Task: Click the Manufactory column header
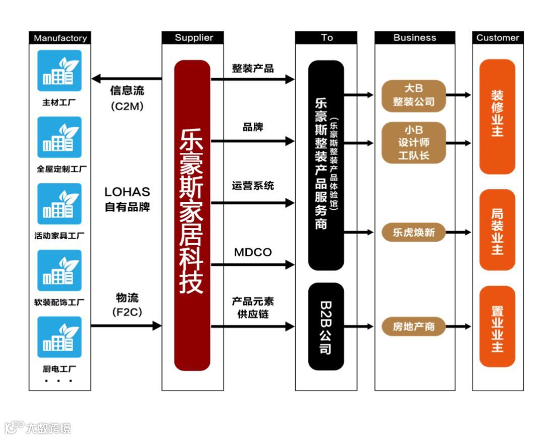[x=60, y=38]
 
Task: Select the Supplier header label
[x=194, y=38]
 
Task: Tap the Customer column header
[x=498, y=38]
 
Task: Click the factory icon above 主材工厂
[x=60, y=71]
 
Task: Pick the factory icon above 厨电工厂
[x=60, y=337]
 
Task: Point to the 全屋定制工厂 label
[x=61, y=169]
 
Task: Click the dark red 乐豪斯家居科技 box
[x=192, y=215]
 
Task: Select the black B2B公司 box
[x=326, y=326]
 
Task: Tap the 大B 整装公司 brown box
[x=414, y=95]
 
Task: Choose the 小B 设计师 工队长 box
[x=414, y=143]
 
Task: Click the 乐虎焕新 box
[x=414, y=233]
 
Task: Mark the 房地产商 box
[x=414, y=326]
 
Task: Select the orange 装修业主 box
[x=497, y=117]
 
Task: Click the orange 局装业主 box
[x=497, y=230]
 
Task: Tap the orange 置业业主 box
[x=497, y=326]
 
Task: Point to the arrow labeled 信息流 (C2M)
[x=126, y=79]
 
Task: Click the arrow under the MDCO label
[x=252, y=264]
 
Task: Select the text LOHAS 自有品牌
[x=127, y=199]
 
